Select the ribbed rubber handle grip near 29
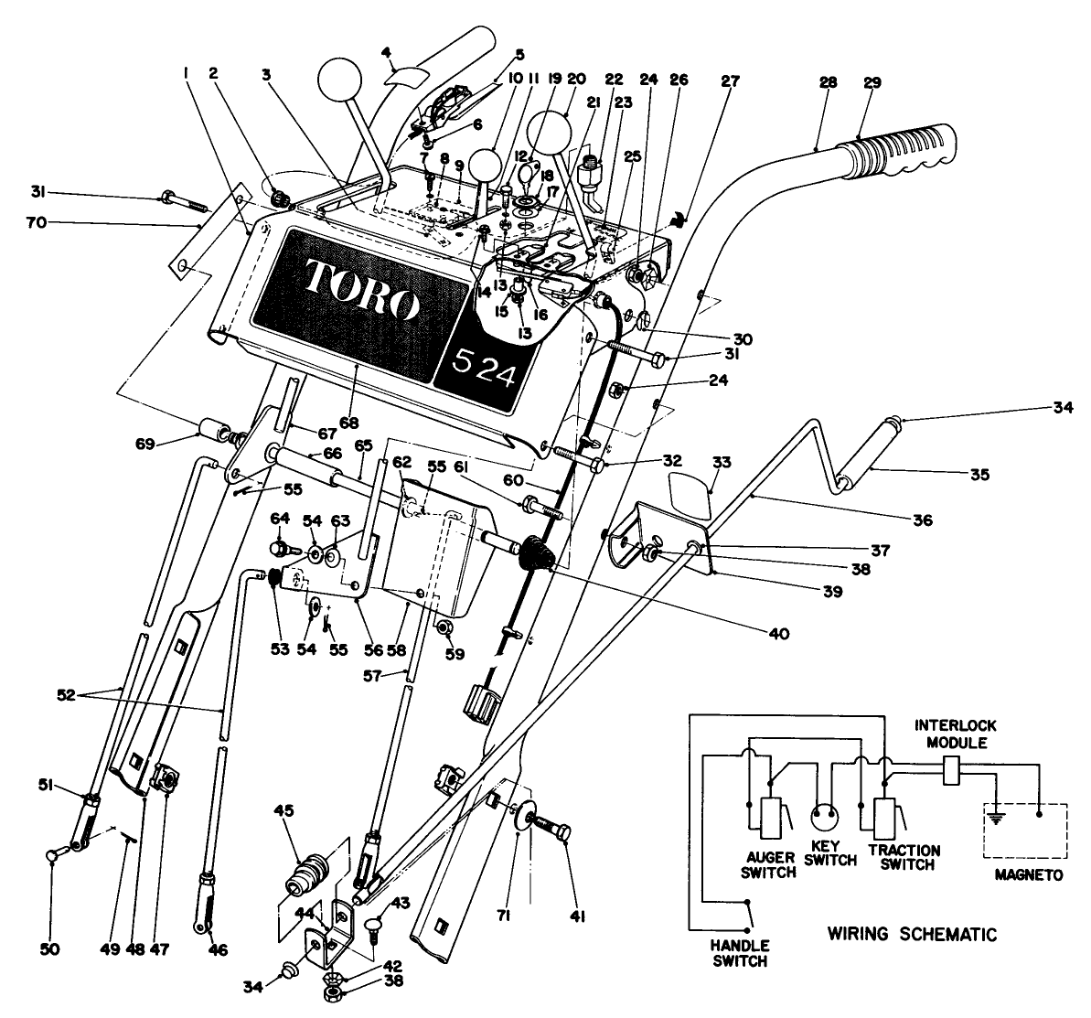901,155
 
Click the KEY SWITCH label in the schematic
832,853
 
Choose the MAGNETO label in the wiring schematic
1029,874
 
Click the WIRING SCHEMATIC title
911,935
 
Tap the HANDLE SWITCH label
741,952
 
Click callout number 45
283,809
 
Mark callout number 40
753,631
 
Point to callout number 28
828,82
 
